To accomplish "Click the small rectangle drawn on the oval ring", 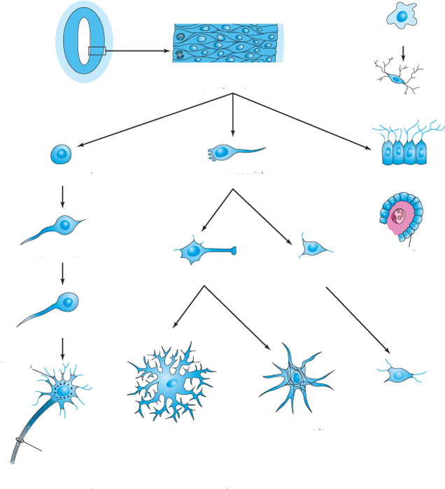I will (97, 51).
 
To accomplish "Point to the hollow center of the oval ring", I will (83, 42).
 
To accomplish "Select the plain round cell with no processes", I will (62, 155).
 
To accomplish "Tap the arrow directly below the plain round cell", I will (63, 196).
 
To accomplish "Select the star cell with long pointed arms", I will (295, 378).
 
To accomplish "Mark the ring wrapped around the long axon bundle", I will (19, 441).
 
